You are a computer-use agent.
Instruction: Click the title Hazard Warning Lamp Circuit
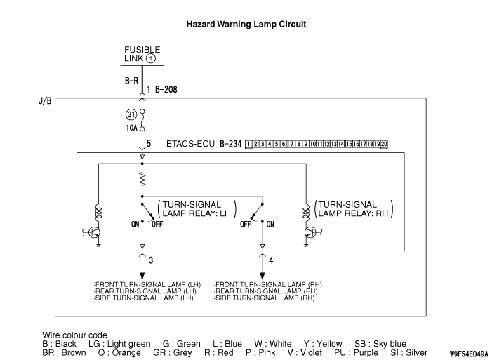click(246, 24)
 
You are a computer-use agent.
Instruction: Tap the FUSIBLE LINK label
click(142, 53)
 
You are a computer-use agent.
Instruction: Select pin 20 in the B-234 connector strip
click(383, 145)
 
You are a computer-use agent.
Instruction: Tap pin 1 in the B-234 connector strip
click(248, 145)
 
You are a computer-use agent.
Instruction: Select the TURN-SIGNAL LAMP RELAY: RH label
click(354, 208)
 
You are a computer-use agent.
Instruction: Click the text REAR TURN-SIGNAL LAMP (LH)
click(146, 291)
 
